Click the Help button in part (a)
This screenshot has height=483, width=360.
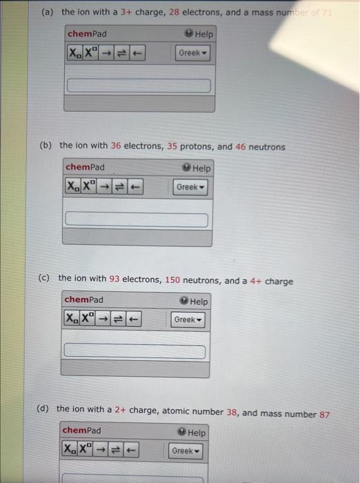tap(200, 34)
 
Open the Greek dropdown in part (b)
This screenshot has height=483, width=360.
tap(191, 187)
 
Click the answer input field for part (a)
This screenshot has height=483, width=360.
tap(138, 86)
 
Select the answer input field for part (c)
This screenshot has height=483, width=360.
tap(135, 351)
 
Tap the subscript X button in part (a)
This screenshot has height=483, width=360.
tap(74, 53)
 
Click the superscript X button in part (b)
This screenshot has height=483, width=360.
tap(88, 187)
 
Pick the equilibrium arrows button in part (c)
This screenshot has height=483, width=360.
tap(118, 320)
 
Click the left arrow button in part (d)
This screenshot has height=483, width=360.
tap(131, 451)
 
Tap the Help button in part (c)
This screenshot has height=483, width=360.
tap(195, 302)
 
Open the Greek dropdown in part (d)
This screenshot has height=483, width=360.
tap(186, 451)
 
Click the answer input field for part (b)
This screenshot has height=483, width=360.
tap(137, 220)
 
